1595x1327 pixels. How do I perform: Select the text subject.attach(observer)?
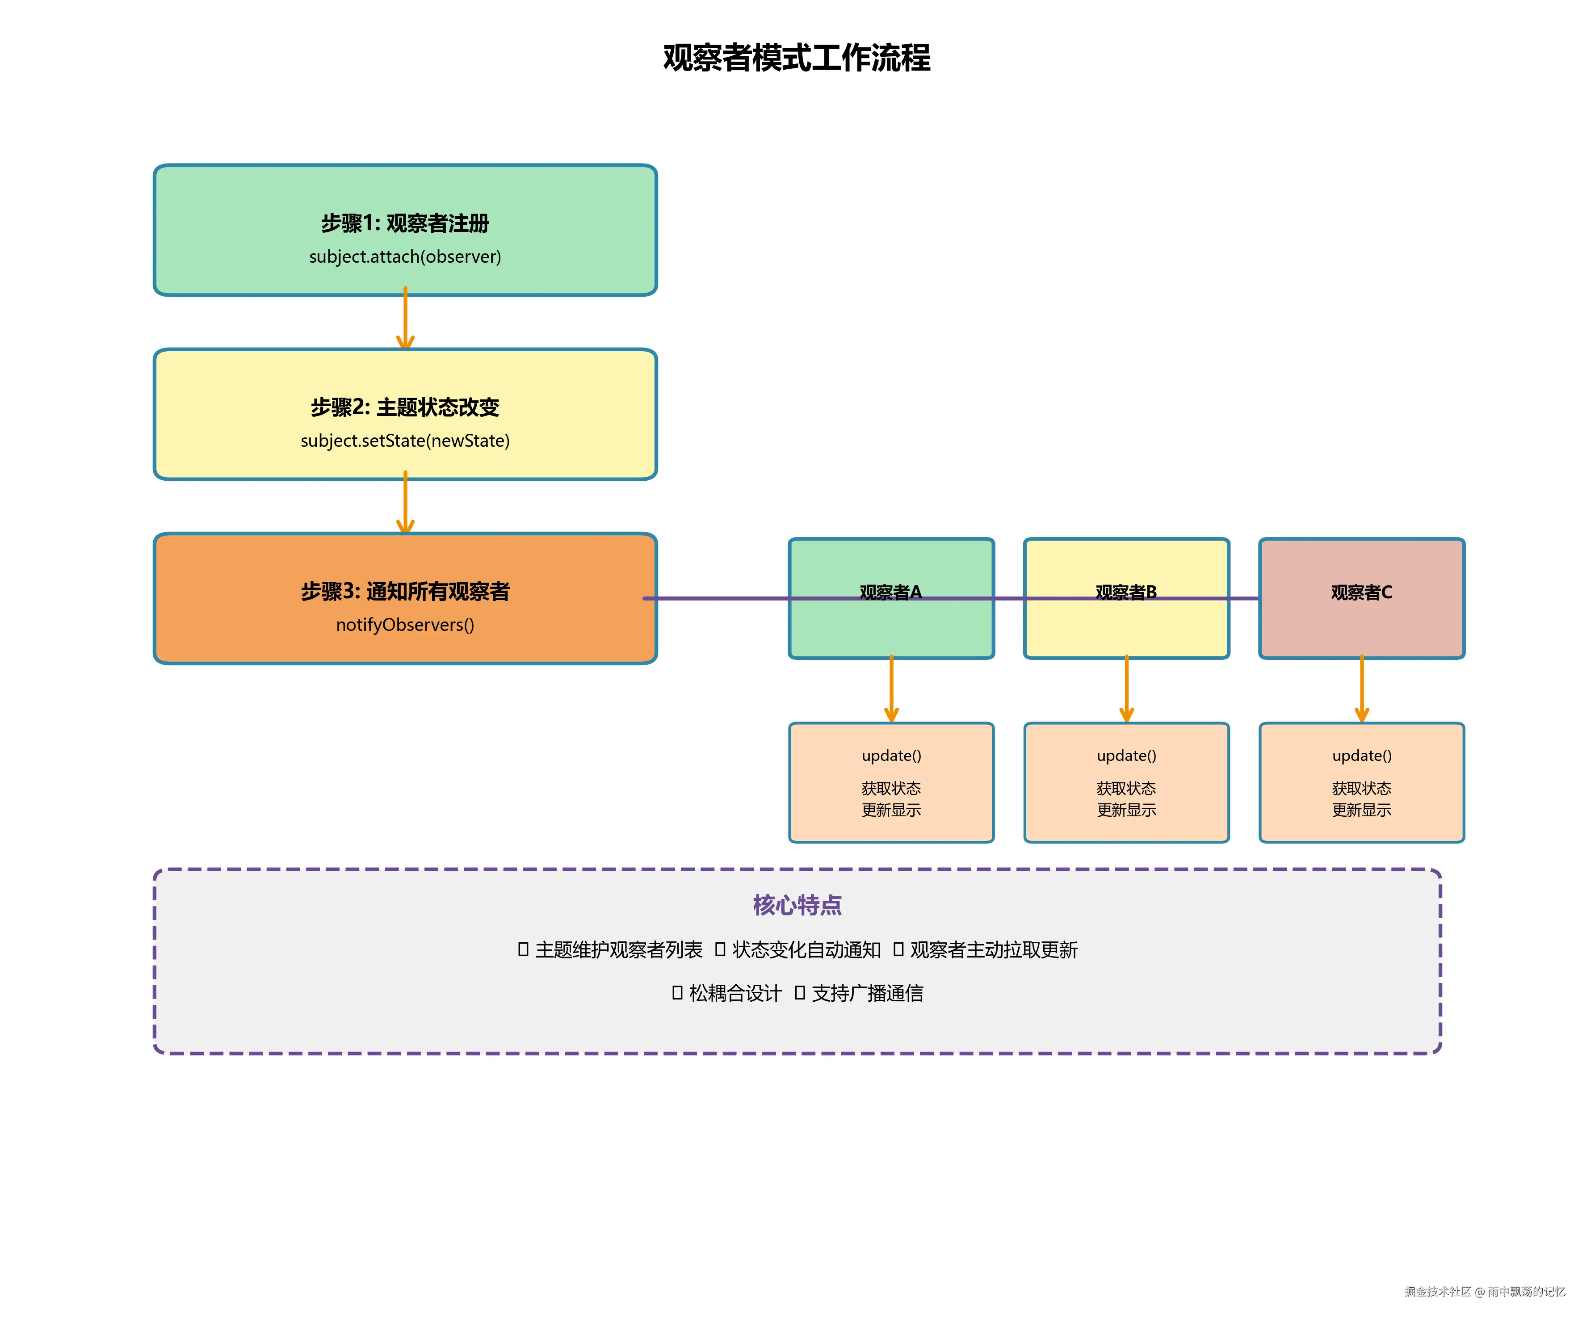(405, 257)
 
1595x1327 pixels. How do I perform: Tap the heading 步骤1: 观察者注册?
(405, 223)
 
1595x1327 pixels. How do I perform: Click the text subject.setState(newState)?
(405, 441)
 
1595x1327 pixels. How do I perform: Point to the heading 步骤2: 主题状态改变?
(405, 407)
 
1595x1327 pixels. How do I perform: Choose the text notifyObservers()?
(405, 624)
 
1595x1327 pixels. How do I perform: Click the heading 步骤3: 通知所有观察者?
(405, 591)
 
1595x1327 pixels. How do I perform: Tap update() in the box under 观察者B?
(1126, 756)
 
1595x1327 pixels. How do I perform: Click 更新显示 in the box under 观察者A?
(891, 810)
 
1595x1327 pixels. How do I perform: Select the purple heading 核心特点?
(797, 905)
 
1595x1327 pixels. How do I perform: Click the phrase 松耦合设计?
(735, 994)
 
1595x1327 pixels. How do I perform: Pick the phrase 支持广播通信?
(867, 994)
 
